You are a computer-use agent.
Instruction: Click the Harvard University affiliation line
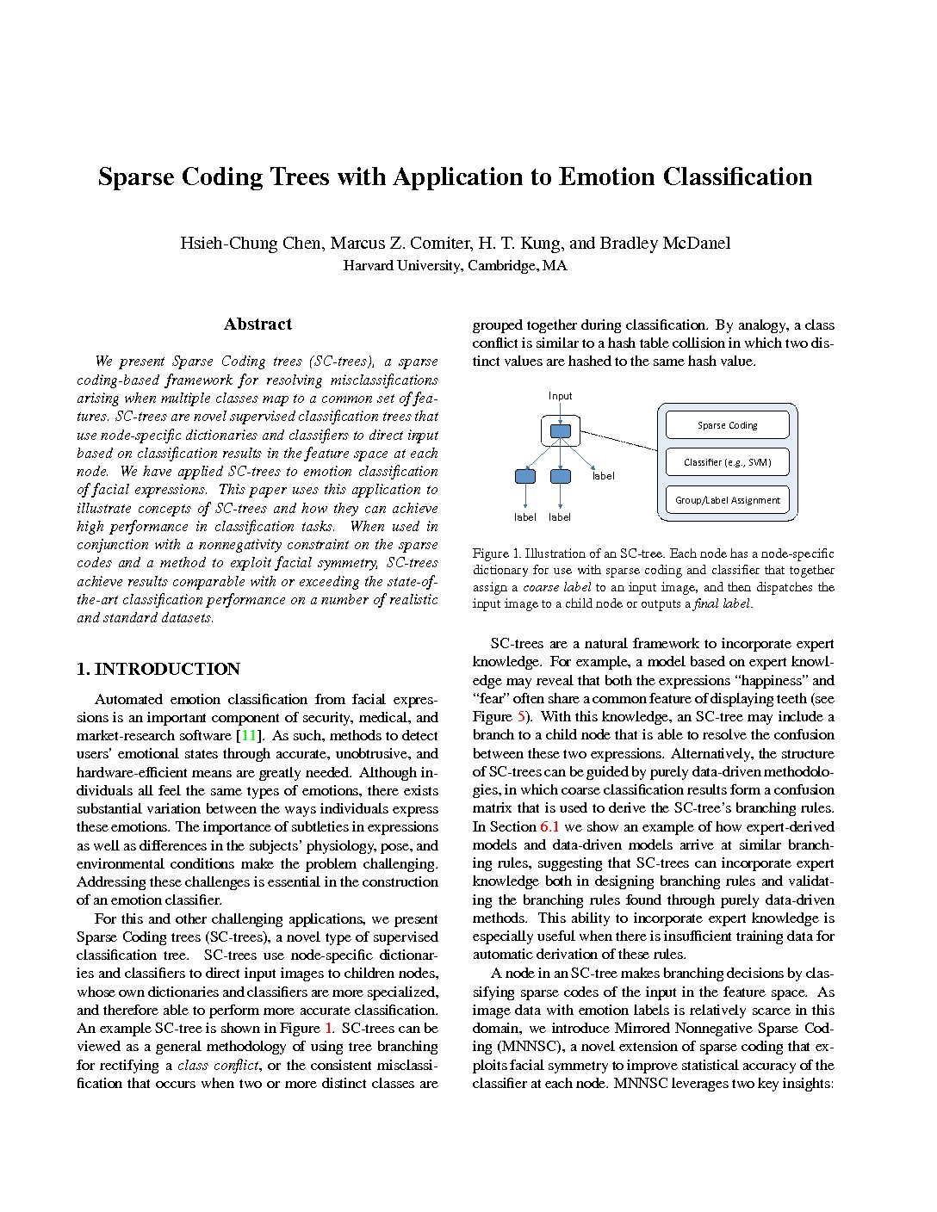[455, 265]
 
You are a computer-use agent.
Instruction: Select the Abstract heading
[258, 325]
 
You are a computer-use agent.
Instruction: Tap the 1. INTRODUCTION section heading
[158, 669]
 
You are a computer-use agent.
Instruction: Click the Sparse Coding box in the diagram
[727, 424]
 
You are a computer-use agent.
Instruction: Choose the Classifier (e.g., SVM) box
[727, 462]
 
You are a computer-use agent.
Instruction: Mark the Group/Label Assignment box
[727, 500]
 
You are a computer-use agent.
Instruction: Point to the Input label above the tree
[560, 396]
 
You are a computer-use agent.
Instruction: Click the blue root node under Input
[560, 430]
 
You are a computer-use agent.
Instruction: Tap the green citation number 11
[249, 736]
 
